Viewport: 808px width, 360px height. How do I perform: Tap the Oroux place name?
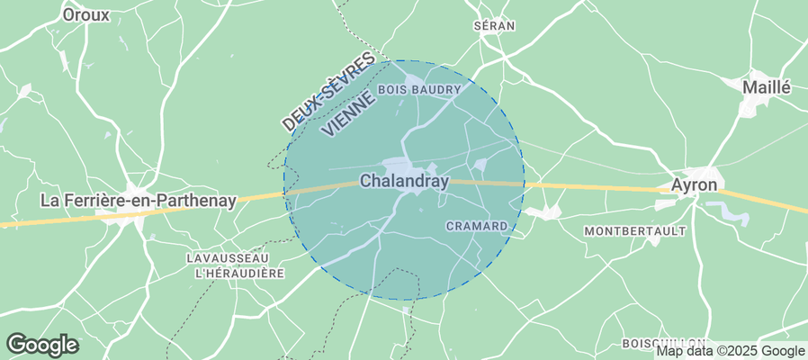click(x=86, y=14)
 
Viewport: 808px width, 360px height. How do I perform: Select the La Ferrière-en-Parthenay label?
click(x=139, y=201)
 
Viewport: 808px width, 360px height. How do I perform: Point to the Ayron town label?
click(x=695, y=184)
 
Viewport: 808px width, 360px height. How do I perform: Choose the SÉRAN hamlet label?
click(x=494, y=26)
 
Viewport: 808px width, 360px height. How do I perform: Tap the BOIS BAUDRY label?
click(x=419, y=90)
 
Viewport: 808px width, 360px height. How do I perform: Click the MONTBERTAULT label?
click(x=635, y=231)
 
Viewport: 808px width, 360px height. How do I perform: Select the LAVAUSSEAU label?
click(x=224, y=257)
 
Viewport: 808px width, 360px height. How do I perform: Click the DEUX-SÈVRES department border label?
click(x=326, y=91)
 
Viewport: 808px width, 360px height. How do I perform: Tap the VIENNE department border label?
click(x=346, y=112)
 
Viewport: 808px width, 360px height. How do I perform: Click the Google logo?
click(x=41, y=344)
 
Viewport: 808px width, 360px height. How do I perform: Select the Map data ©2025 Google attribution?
click(x=730, y=351)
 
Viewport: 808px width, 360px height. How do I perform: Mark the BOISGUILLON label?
click(x=663, y=344)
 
